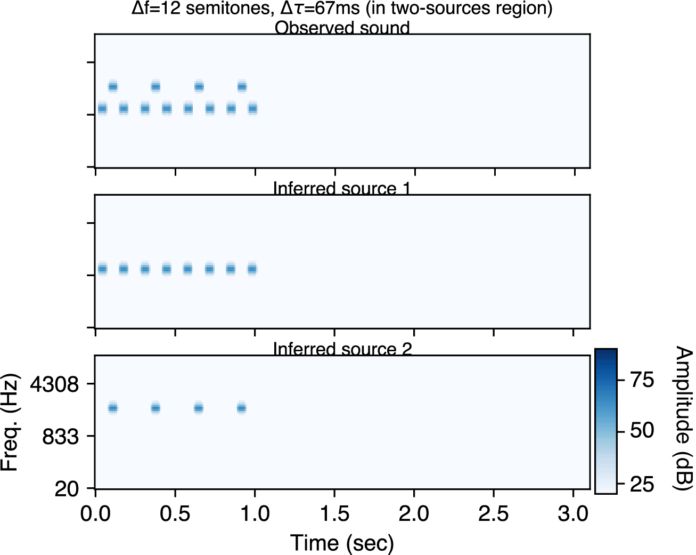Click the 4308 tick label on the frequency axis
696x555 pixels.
click(x=54, y=384)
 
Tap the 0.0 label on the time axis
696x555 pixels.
click(x=95, y=514)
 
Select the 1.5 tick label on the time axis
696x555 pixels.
click(x=334, y=514)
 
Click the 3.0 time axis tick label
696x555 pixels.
click(x=573, y=514)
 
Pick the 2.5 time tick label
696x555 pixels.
click(x=494, y=514)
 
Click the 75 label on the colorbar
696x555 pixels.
click(x=642, y=380)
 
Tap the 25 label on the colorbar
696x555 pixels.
click(x=642, y=485)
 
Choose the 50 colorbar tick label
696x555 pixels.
click(x=642, y=430)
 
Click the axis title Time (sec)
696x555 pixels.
click(x=342, y=543)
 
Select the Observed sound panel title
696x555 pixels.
click(x=342, y=28)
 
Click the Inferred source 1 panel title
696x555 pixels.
click(x=342, y=189)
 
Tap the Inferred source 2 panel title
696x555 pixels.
click(x=342, y=349)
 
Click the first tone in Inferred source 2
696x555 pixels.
click(x=112, y=408)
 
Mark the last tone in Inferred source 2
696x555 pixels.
click(x=241, y=408)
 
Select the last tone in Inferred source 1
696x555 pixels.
click(x=252, y=269)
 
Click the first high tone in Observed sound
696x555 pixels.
click(x=112, y=86)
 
